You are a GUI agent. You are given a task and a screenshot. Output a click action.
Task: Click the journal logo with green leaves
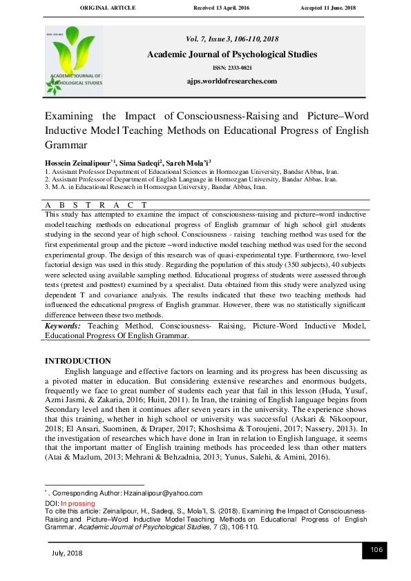(74, 60)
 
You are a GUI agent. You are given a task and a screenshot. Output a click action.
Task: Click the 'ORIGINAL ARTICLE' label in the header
(108, 8)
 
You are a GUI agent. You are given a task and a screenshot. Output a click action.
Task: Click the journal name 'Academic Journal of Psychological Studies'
(231, 55)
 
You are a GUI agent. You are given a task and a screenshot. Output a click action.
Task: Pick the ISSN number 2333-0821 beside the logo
(232, 68)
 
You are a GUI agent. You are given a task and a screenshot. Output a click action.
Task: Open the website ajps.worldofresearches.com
(231, 81)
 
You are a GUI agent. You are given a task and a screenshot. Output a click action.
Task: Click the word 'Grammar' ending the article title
(66, 145)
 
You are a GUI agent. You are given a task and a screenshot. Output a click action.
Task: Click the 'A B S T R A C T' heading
(97, 205)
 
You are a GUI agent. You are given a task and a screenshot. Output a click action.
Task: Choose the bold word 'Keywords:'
(63, 325)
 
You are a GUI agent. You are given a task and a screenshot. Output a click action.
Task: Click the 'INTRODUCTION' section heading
(77, 361)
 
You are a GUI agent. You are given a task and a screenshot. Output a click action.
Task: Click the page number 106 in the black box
(376, 550)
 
